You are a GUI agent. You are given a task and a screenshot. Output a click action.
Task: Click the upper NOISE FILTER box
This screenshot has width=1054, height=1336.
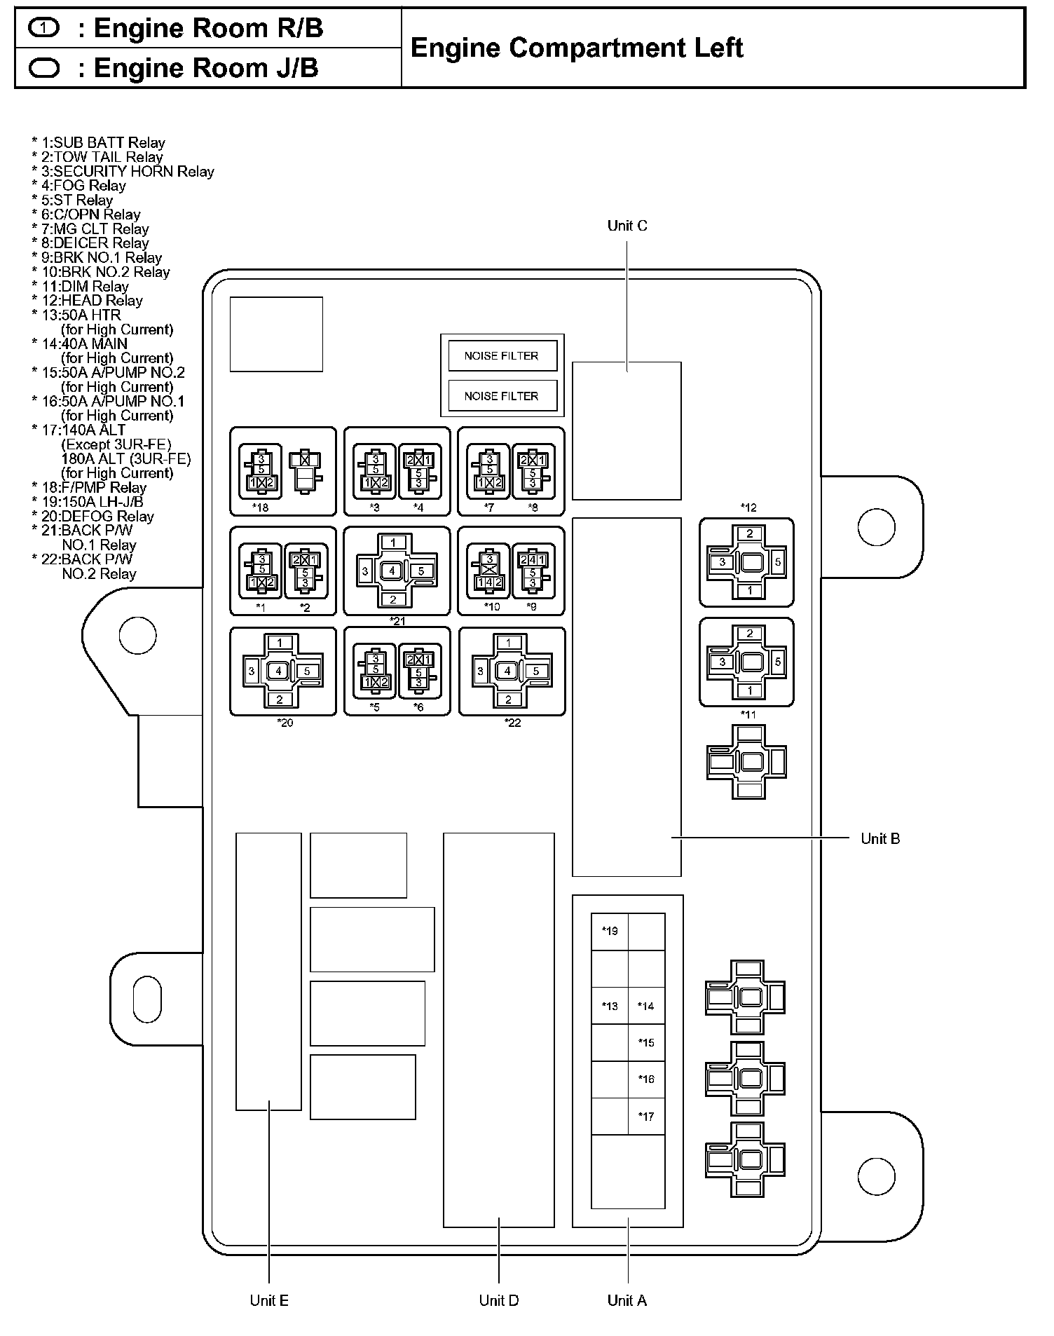(x=502, y=355)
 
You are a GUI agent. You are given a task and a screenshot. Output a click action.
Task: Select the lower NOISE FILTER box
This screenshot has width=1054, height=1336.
(x=502, y=396)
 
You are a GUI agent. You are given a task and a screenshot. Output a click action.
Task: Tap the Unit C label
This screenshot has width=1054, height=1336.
(x=627, y=226)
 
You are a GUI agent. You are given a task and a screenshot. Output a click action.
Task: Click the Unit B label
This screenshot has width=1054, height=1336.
(x=880, y=839)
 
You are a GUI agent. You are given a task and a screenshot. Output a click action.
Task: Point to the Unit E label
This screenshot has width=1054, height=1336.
(x=269, y=1301)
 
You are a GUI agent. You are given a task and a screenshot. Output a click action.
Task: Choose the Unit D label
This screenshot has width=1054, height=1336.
(x=499, y=1301)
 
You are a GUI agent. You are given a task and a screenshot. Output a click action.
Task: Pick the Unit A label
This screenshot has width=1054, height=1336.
(x=627, y=1301)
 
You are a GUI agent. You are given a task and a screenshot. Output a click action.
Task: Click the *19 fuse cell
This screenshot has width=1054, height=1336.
(x=610, y=932)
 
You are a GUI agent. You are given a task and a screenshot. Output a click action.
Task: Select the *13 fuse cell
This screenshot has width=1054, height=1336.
(x=610, y=1006)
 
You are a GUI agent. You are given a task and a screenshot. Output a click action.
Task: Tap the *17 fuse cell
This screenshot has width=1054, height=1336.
(x=646, y=1117)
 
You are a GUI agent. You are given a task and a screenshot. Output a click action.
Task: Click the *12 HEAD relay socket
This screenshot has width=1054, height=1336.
(x=747, y=562)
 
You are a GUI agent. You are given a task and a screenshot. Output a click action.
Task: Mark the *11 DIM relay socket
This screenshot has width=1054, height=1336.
(x=747, y=662)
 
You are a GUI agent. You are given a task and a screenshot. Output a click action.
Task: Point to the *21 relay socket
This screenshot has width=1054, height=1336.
(x=397, y=571)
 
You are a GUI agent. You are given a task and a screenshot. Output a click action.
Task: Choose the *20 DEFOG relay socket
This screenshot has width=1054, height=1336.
(x=283, y=671)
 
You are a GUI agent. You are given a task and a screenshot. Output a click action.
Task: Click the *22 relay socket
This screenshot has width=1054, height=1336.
(x=512, y=671)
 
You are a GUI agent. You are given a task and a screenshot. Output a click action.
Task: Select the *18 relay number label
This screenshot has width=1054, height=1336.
(x=261, y=507)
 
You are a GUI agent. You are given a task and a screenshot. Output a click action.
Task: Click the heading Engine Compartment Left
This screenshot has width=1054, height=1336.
(x=577, y=48)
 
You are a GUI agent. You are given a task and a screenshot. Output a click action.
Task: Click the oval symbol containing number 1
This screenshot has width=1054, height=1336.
(x=45, y=29)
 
